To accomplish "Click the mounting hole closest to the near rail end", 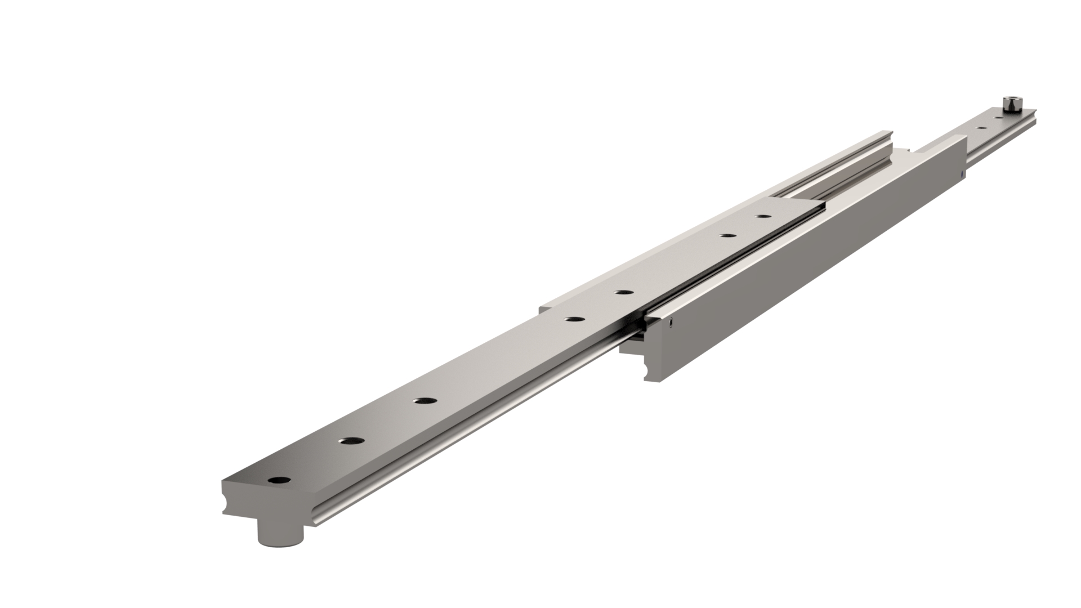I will tap(279, 481).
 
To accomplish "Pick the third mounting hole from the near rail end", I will tap(426, 401).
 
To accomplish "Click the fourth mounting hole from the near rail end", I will tap(574, 319).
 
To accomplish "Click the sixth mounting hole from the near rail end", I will tap(729, 235).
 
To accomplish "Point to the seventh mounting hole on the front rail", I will tap(763, 216).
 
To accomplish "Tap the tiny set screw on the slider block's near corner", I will tap(671, 323).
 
